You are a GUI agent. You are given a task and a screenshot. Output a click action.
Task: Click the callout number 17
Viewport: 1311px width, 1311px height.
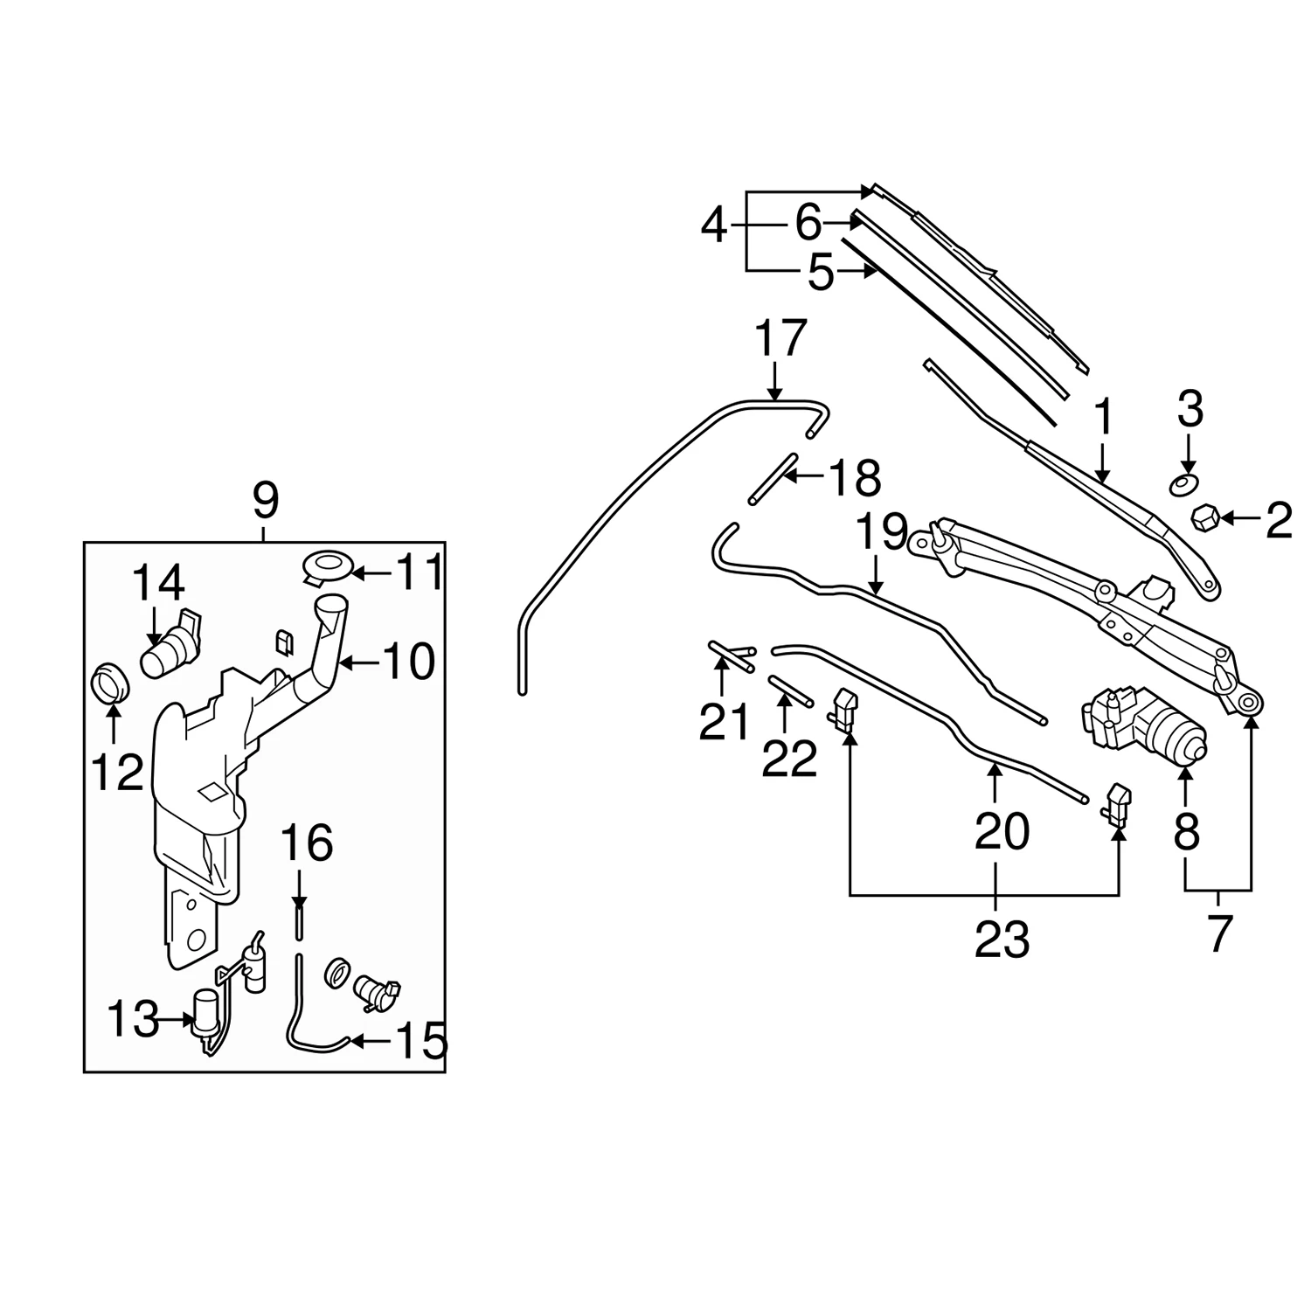780,339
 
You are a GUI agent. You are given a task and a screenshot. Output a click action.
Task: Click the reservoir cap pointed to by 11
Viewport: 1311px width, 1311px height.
329,566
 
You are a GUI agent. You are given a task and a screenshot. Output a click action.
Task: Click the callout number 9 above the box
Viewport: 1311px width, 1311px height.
264,502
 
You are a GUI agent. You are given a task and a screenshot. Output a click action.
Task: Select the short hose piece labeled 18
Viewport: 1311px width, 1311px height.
772,478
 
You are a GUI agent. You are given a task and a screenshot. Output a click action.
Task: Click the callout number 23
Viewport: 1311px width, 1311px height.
1002,940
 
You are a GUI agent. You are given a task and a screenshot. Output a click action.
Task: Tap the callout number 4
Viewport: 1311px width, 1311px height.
714,227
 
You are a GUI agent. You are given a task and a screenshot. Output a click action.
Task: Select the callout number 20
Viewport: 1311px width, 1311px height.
1002,831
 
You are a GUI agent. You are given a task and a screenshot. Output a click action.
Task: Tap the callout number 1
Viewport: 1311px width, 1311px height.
1103,418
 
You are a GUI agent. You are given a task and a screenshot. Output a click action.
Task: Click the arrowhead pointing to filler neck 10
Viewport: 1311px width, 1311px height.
343,664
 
